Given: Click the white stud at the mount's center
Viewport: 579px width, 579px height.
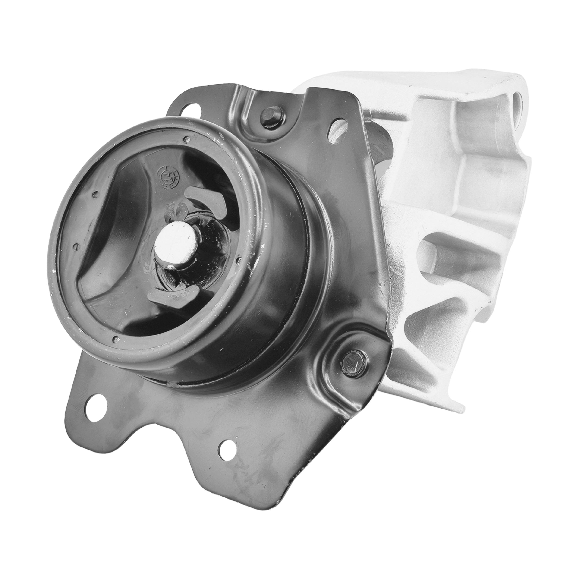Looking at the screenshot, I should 176,240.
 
